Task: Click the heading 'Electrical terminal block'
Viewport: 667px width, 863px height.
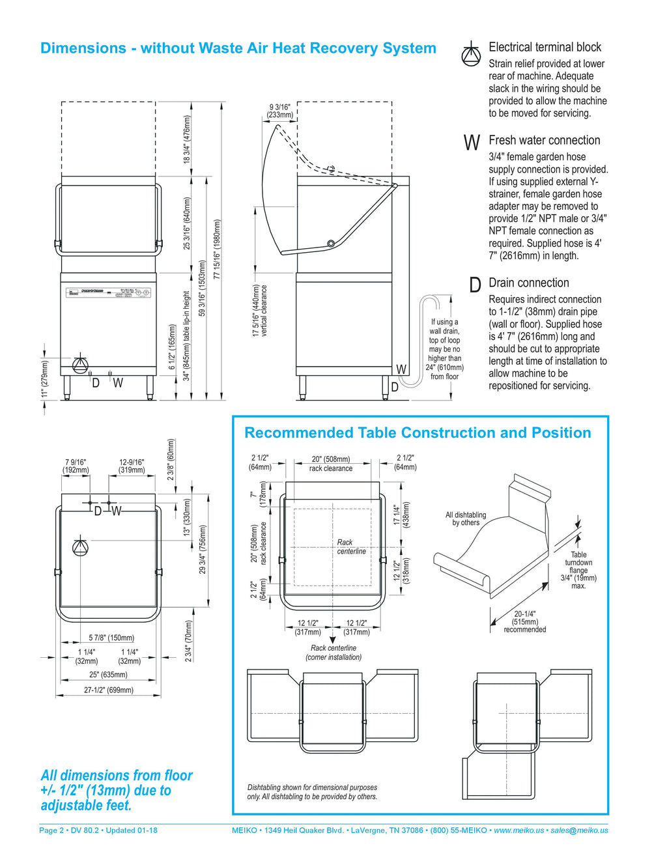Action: coord(545,47)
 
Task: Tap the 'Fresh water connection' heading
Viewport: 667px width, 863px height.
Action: coord(544,140)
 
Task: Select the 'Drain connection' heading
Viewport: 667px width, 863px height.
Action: coord(528,283)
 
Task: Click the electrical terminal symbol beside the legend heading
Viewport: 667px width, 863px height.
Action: coord(471,54)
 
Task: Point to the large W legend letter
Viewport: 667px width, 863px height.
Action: coord(472,143)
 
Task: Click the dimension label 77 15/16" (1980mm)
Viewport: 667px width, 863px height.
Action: coord(217,249)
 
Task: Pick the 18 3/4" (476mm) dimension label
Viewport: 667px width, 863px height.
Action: coord(186,139)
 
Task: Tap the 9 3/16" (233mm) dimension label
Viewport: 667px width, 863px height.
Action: coord(280,111)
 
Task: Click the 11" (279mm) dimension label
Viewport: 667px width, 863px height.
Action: coord(45,378)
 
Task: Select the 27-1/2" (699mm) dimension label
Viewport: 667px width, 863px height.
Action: coord(109,690)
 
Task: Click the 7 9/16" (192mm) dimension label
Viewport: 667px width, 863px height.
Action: coord(76,466)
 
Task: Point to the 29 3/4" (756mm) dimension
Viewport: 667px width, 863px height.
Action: coord(203,549)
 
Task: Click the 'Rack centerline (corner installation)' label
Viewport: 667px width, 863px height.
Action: coord(333,653)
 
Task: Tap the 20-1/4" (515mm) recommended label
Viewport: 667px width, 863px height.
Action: coord(525,621)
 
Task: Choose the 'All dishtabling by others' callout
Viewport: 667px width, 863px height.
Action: coord(466,518)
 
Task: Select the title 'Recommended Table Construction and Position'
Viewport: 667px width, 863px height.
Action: coord(418,432)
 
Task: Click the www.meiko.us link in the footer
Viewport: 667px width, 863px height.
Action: coord(518,830)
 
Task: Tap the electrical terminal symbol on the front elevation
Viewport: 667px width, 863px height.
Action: coord(80,363)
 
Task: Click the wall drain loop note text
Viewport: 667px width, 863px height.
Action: coord(445,349)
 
